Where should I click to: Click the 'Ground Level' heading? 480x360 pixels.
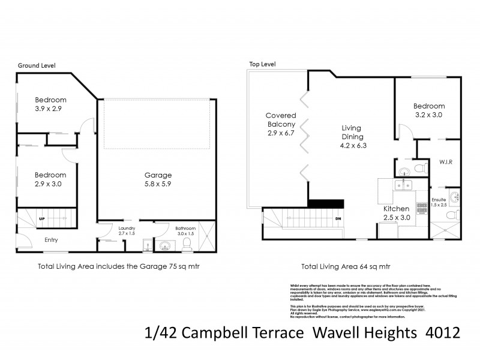pos(37,65)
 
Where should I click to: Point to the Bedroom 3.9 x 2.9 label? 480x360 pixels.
pos(50,104)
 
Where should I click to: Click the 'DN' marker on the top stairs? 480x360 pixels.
pos(338,218)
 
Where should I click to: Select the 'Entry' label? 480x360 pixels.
pos(51,240)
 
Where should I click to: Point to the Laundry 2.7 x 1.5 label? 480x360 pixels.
pos(127,232)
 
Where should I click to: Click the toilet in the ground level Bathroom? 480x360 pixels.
pos(187,244)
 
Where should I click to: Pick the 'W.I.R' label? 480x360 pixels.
pos(445,161)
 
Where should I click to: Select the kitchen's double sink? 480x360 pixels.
pos(404,185)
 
